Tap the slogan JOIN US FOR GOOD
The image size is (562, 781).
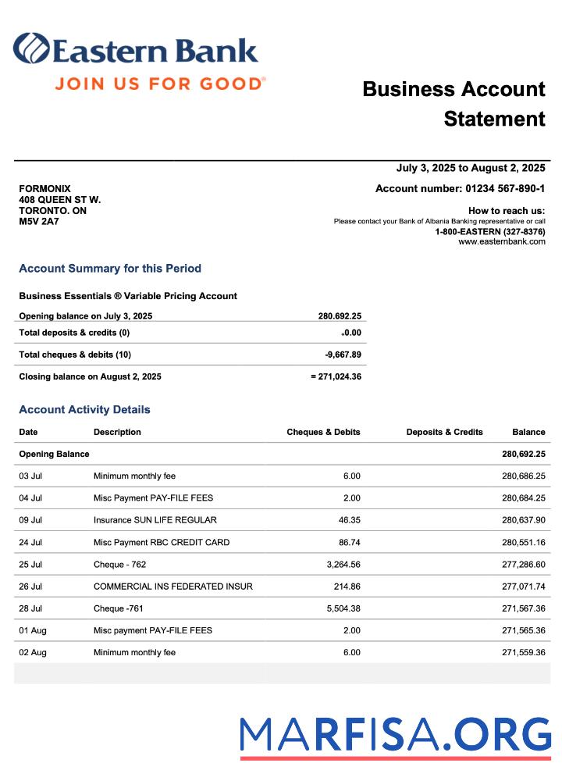coord(160,84)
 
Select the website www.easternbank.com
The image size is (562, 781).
coord(501,242)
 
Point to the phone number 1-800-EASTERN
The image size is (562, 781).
coord(489,232)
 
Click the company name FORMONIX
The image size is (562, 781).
coord(44,189)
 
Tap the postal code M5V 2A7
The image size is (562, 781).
coord(39,222)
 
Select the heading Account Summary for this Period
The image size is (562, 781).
coord(110,269)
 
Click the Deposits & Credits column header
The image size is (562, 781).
coord(444,432)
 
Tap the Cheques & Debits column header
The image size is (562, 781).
coord(323,432)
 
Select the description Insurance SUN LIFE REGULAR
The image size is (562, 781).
coord(155,520)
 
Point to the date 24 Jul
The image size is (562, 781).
coord(30,542)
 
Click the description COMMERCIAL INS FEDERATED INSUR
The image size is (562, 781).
coord(173,587)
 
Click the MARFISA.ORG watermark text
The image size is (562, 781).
coord(395,735)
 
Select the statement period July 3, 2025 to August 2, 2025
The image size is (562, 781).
coord(470,168)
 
